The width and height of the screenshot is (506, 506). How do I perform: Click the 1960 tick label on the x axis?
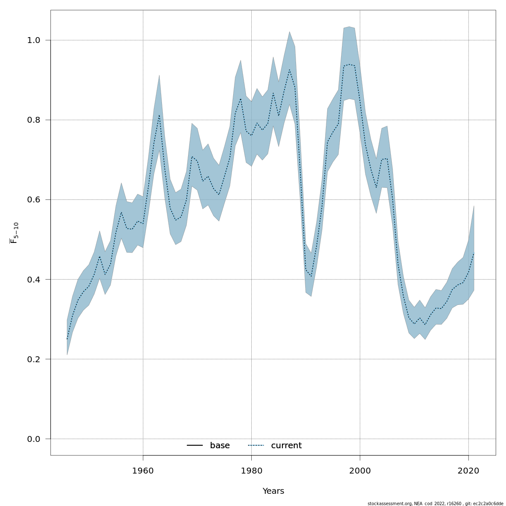[x=143, y=471]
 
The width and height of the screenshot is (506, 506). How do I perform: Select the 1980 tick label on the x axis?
[x=251, y=471]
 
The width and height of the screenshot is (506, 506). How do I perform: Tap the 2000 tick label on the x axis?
[x=360, y=471]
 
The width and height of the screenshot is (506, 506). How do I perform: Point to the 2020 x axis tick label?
[x=468, y=471]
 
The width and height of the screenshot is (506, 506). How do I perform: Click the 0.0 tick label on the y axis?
[x=34, y=439]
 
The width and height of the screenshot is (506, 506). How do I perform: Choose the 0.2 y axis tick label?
[x=34, y=359]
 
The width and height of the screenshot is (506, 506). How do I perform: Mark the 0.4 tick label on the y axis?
[x=34, y=280]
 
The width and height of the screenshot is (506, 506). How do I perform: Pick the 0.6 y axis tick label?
[x=34, y=200]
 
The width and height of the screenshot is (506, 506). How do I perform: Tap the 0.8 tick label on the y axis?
[x=34, y=120]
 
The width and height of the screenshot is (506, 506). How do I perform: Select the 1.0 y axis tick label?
[x=34, y=40]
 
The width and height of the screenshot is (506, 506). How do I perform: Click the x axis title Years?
[x=273, y=491]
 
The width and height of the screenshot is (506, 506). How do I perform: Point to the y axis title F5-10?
[x=14, y=233]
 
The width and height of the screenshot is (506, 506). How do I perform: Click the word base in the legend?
[x=220, y=446]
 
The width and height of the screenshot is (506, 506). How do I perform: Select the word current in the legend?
[x=286, y=446]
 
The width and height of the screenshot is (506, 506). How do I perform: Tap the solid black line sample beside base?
[x=195, y=446]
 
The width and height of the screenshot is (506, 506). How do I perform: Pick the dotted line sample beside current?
[x=256, y=446]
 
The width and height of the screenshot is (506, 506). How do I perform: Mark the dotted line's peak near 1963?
[x=159, y=115]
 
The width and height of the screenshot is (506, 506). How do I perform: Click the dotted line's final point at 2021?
[x=474, y=253]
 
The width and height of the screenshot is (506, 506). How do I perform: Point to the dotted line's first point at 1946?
[x=67, y=339]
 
